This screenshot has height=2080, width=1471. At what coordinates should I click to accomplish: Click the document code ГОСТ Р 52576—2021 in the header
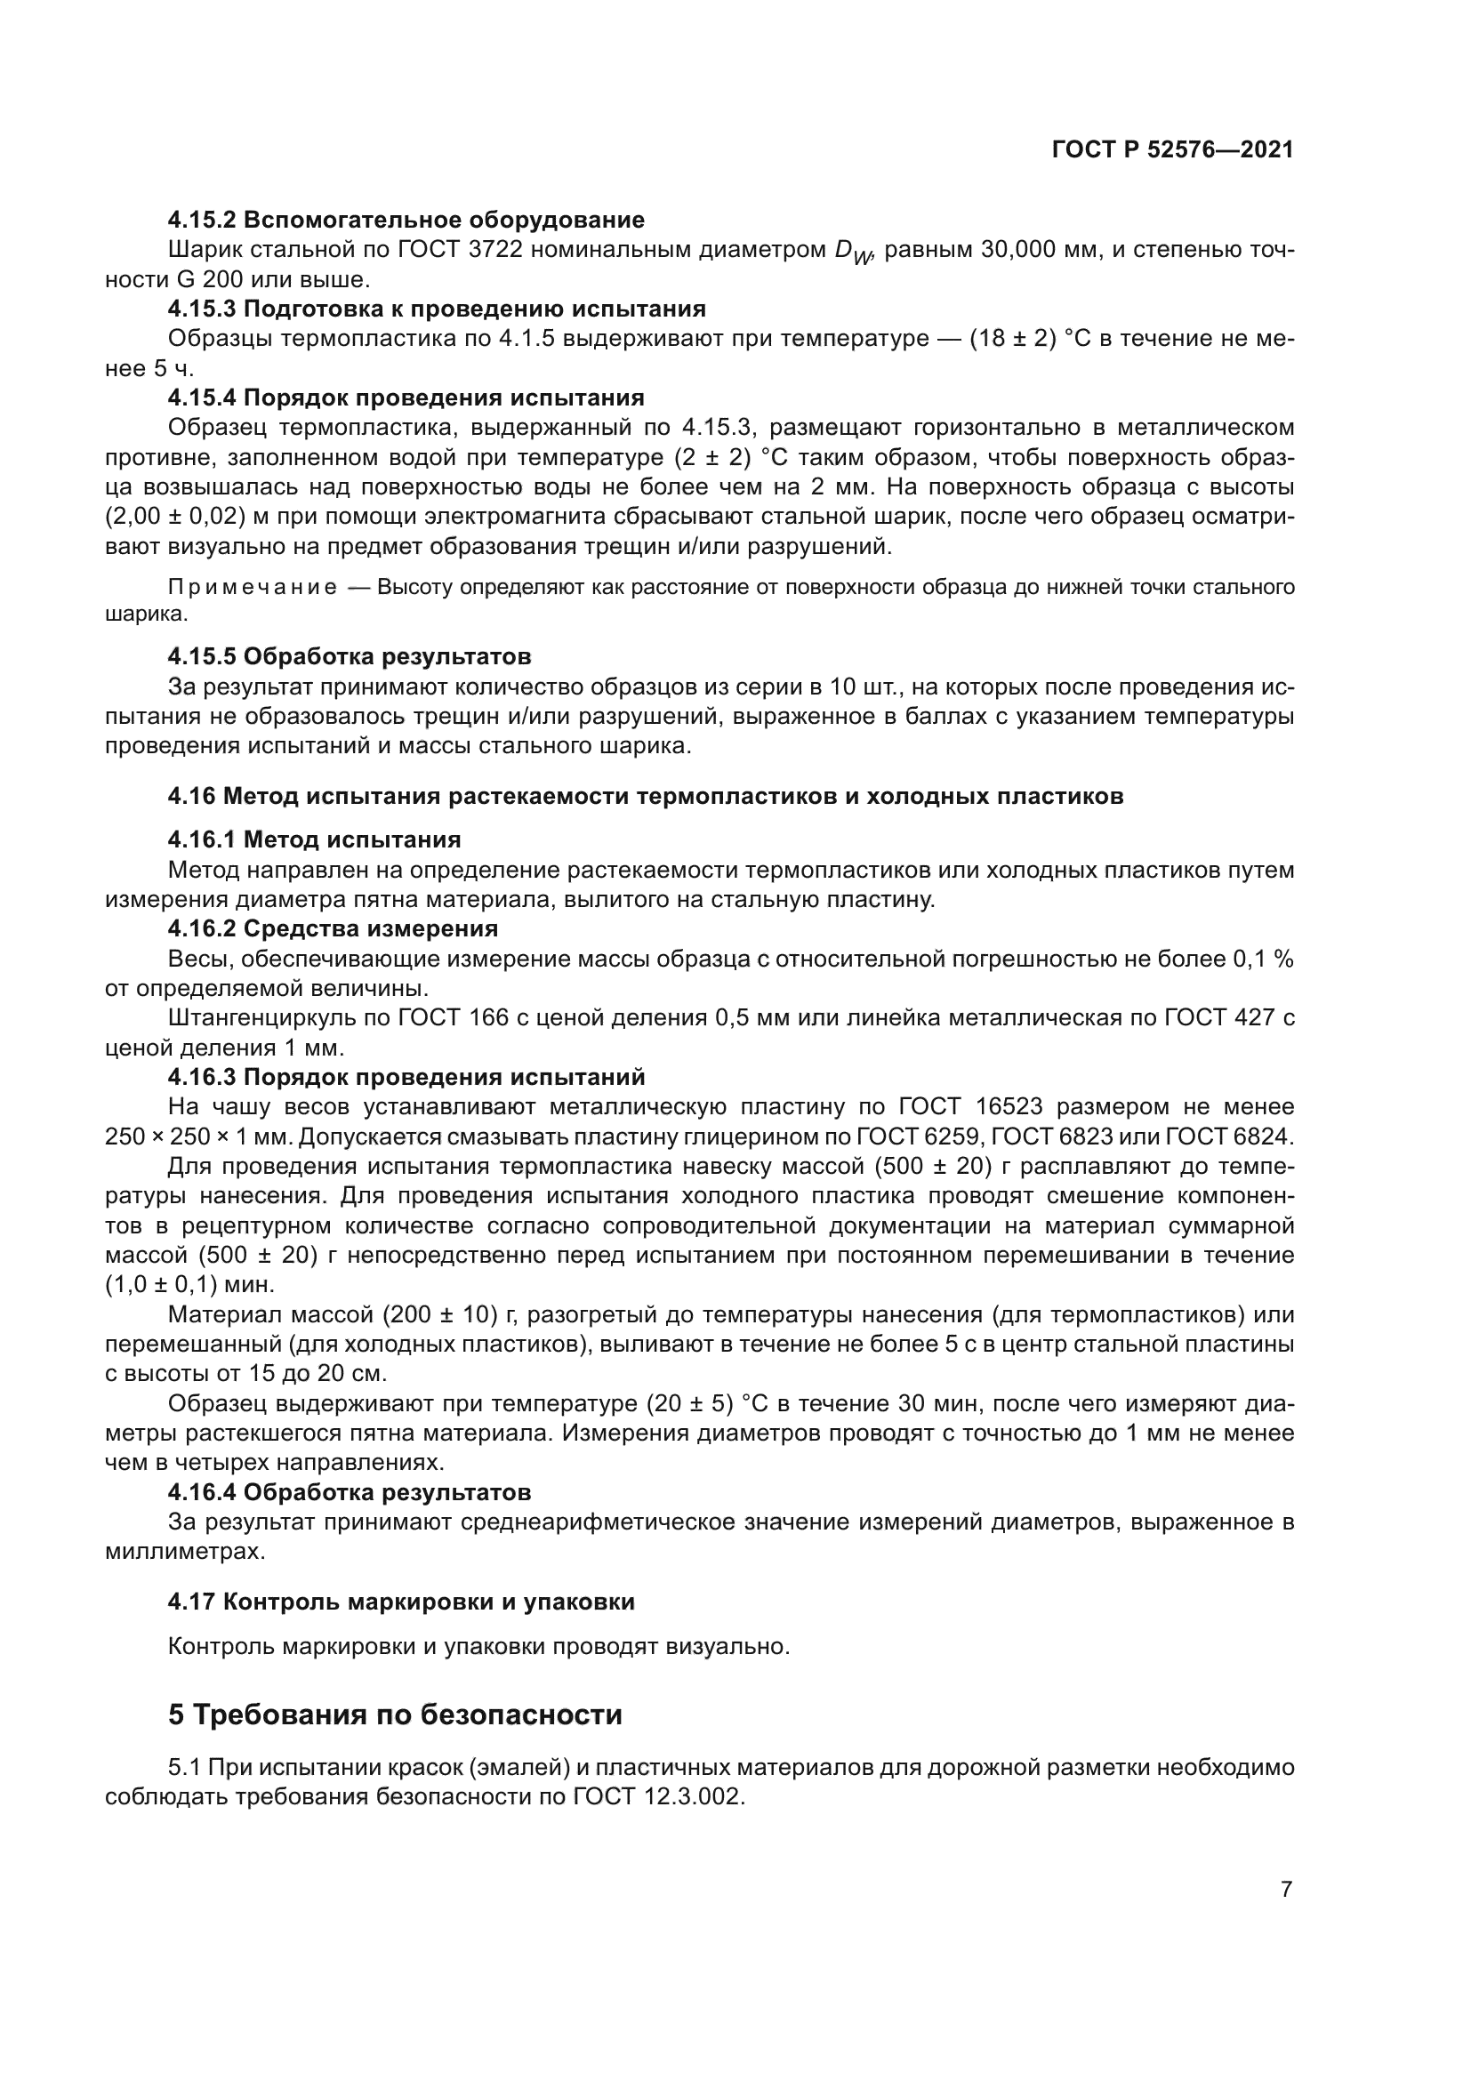click(1172, 150)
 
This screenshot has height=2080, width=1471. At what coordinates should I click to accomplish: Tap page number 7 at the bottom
click(1286, 1889)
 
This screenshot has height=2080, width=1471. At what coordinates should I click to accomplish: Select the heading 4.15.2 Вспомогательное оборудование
click(406, 221)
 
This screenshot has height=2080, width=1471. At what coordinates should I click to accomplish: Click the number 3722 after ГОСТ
click(496, 250)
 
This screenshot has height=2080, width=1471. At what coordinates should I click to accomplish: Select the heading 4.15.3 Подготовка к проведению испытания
click(437, 309)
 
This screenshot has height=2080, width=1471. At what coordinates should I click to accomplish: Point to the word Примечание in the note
click(253, 588)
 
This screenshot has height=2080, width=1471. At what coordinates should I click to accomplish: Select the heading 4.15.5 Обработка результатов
click(349, 656)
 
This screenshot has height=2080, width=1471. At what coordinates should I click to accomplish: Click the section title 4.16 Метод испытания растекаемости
click(645, 796)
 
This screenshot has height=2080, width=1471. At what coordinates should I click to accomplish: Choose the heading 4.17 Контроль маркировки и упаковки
click(400, 1602)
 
